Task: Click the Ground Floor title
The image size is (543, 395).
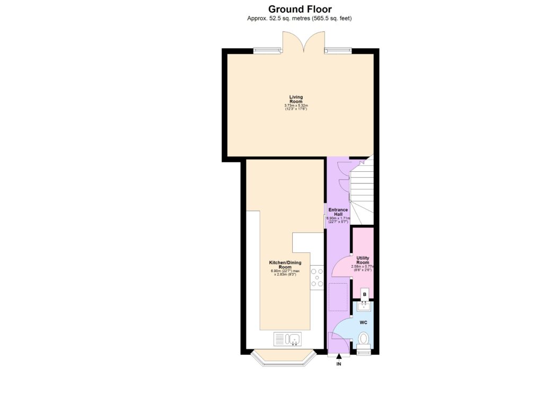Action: pyautogui.click(x=300, y=9)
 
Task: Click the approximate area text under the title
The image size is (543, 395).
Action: pyautogui.click(x=300, y=19)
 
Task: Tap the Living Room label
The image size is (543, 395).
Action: pyautogui.click(x=295, y=99)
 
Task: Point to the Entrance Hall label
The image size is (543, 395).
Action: pyautogui.click(x=338, y=212)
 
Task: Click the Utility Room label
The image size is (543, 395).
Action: pyautogui.click(x=363, y=260)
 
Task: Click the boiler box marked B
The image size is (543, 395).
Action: pyautogui.click(x=364, y=294)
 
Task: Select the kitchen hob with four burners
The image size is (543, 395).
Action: pyautogui.click(x=317, y=277)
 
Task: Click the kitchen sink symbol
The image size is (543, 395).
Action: pyautogui.click(x=287, y=338)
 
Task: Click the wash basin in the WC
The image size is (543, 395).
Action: pyautogui.click(x=364, y=305)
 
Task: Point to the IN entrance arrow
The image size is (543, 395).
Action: pyautogui.click(x=339, y=357)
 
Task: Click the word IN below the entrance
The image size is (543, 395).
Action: pyautogui.click(x=339, y=365)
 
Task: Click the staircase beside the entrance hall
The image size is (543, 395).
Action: pyautogui.click(x=362, y=191)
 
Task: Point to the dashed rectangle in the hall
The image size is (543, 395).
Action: pyautogui.click(x=337, y=297)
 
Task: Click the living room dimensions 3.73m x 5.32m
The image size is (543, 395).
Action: pyautogui.click(x=295, y=106)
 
